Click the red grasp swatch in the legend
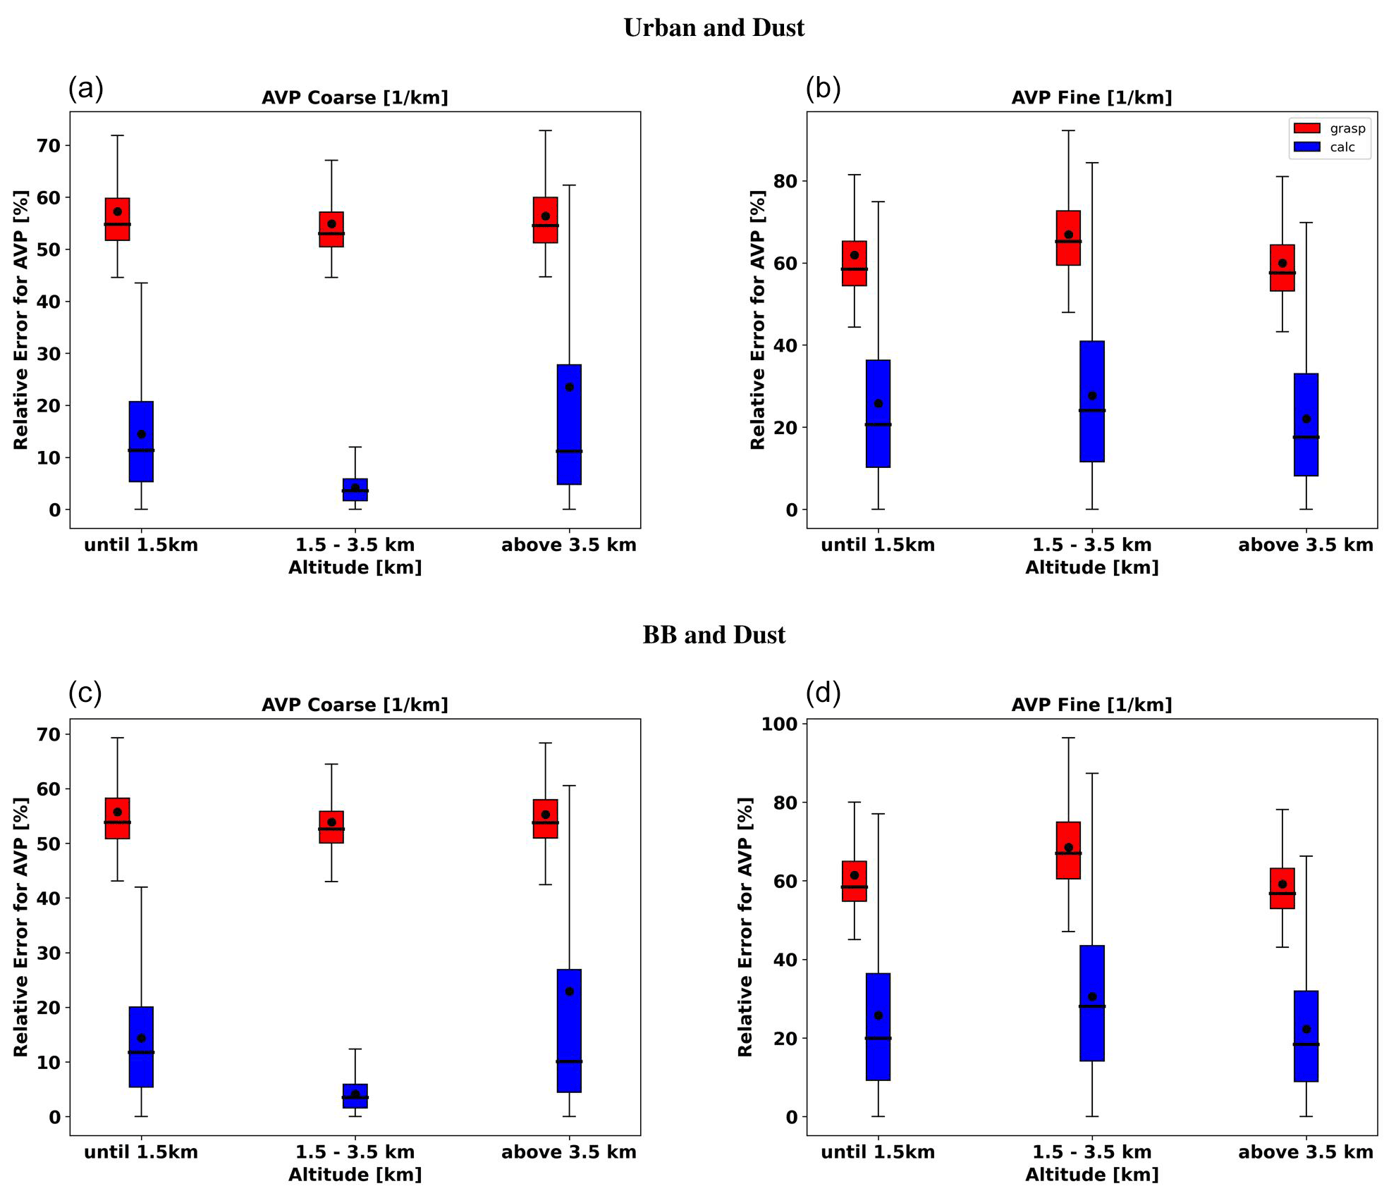[1306, 128]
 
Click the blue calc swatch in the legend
[1306, 147]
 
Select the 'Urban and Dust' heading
[714, 28]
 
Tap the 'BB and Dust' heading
[714, 635]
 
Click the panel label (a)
[86, 89]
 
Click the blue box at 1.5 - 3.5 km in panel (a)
[355, 490]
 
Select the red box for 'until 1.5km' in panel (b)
[855, 263]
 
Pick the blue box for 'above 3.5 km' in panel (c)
[569, 1031]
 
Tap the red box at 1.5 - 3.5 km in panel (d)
[1068, 850]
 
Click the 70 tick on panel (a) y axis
[54, 146]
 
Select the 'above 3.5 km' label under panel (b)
[1306, 545]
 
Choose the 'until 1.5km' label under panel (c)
[141, 1152]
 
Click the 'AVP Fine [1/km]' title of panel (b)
[1091, 97]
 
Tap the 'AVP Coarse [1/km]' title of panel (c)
[355, 705]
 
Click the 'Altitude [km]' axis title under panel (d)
[1091, 1175]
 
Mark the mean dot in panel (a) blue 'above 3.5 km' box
[569, 387]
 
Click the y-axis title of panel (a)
[21, 319]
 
